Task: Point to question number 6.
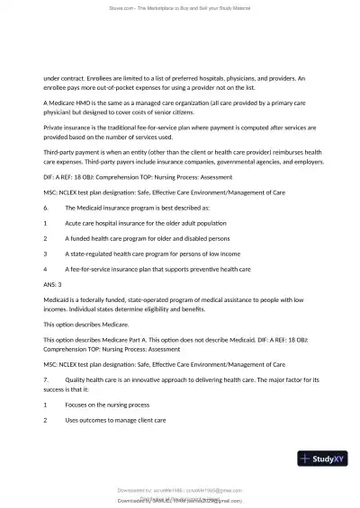46,206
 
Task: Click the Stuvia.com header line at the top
180,7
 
